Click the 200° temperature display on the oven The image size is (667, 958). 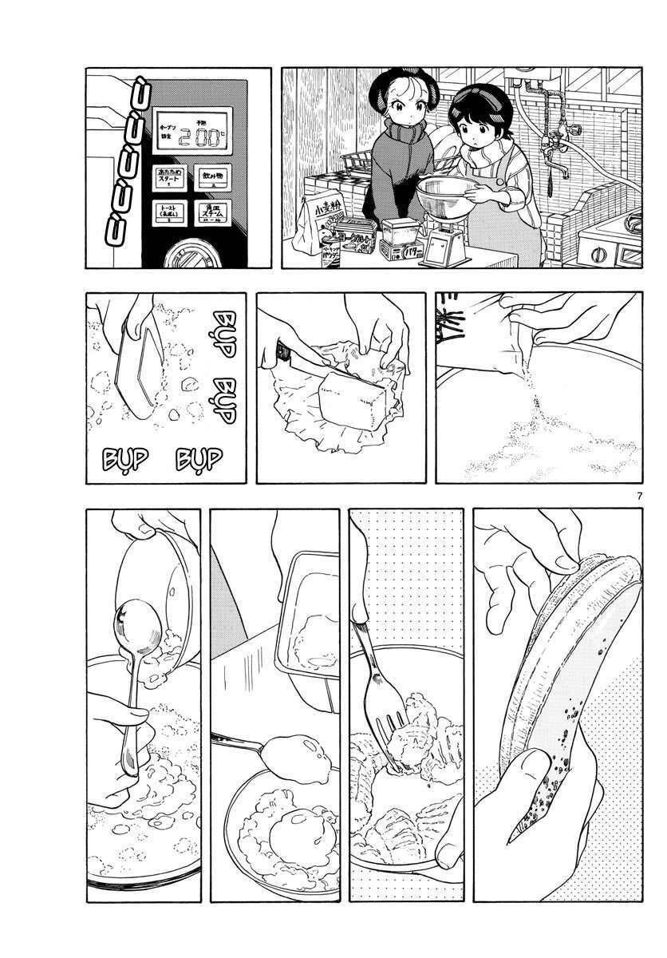204,137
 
